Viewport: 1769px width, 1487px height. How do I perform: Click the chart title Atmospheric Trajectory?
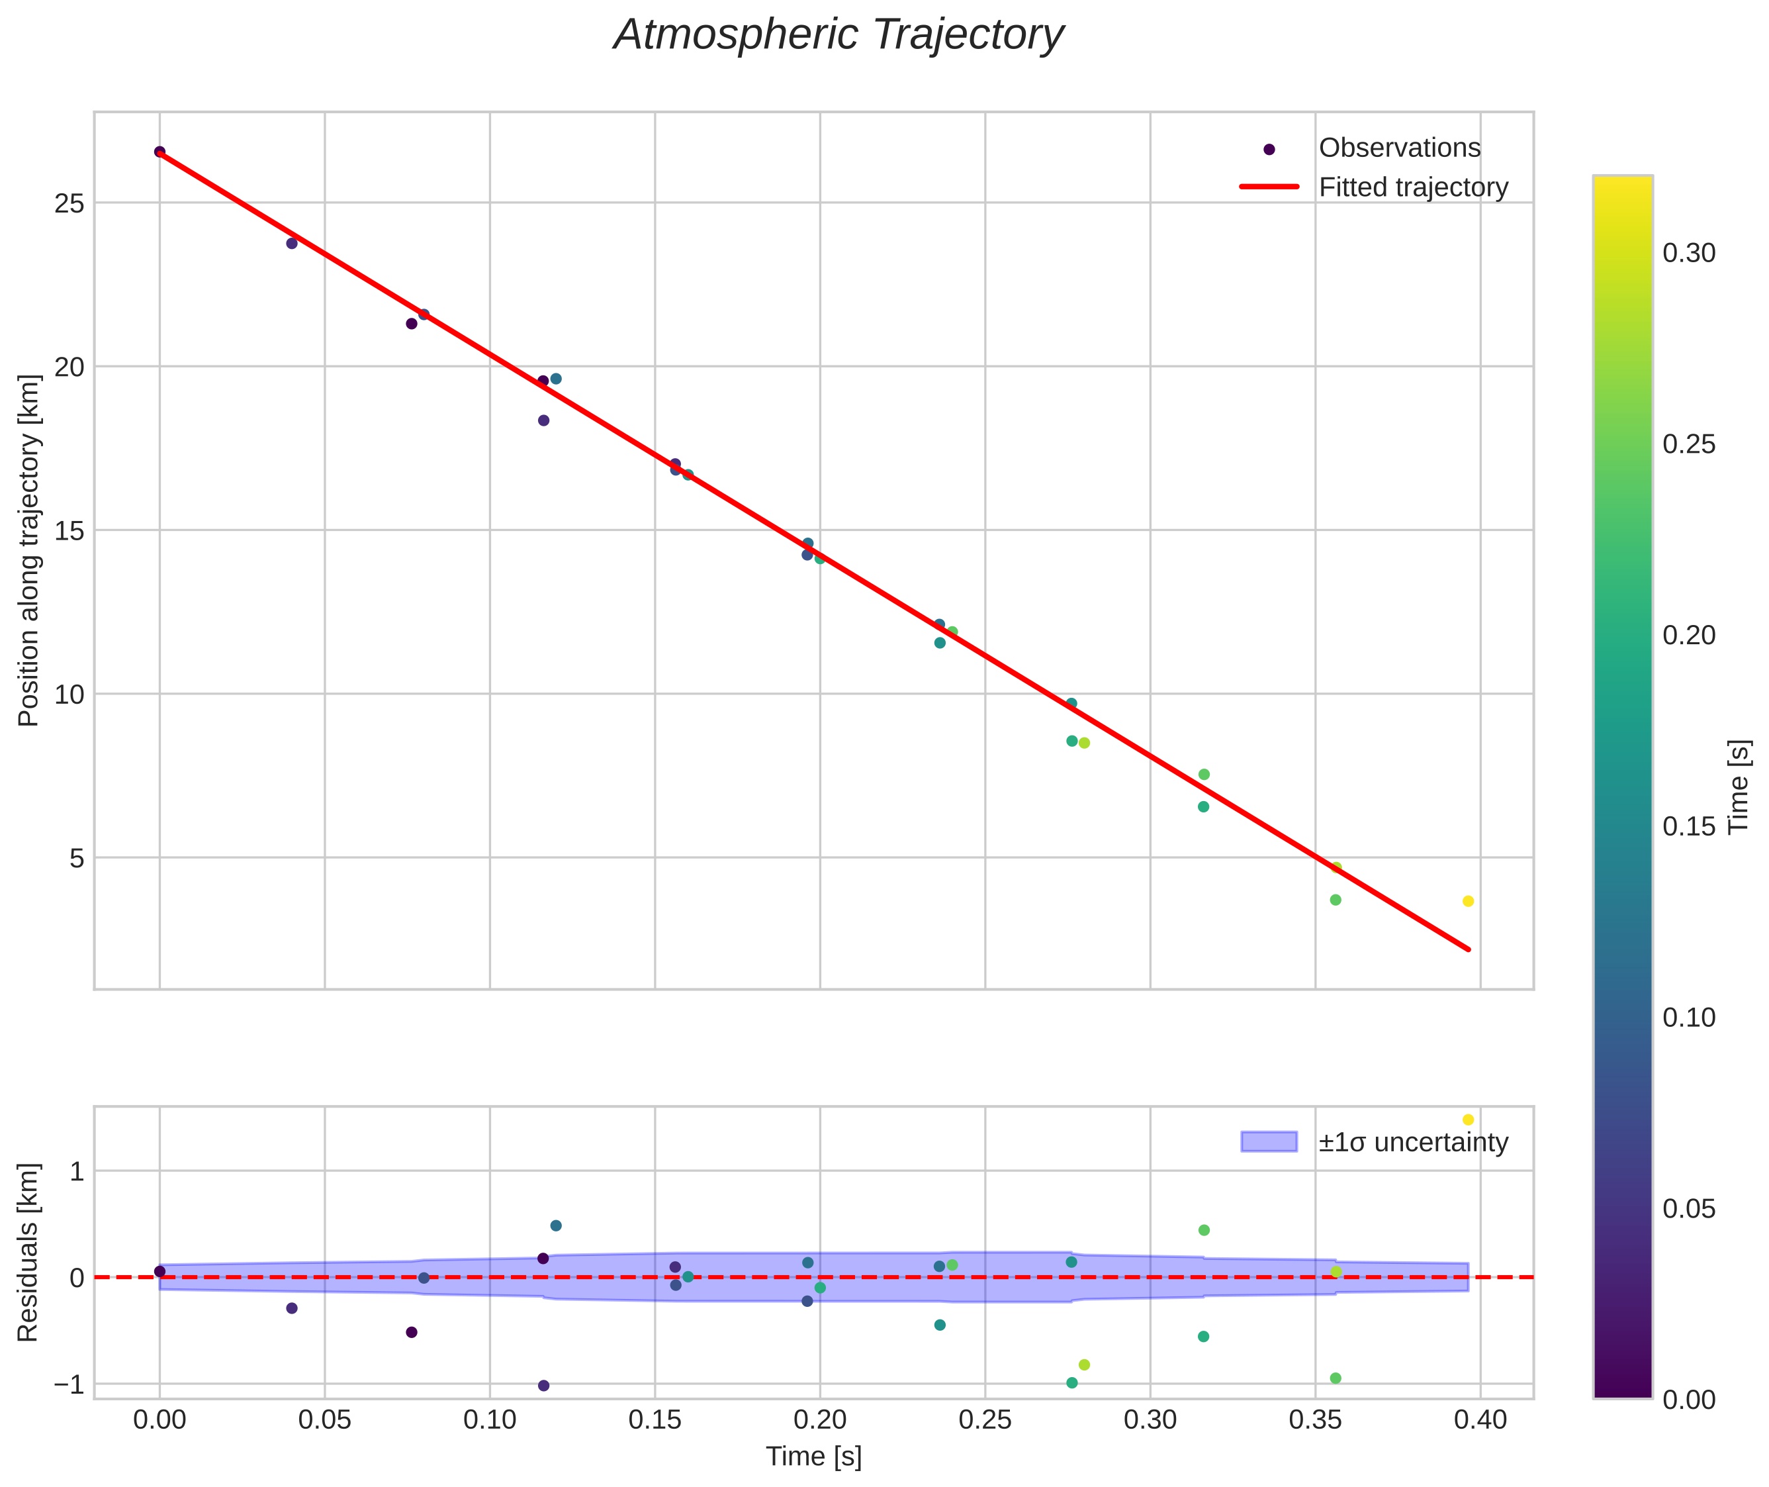pyautogui.click(x=839, y=35)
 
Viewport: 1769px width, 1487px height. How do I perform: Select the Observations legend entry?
pyautogui.click(x=1399, y=148)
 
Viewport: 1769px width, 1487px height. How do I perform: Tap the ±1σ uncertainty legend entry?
pyautogui.click(x=1412, y=1142)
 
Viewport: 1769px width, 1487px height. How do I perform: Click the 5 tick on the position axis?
pyautogui.click(x=77, y=859)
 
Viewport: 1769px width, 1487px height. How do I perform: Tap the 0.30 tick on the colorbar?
pyautogui.click(x=1688, y=254)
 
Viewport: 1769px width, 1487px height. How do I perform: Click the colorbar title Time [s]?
pyautogui.click(x=1739, y=787)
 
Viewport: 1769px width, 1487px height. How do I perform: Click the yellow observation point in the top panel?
pyautogui.click(x=1468, y=901)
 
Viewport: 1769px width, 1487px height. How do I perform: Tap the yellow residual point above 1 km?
pyautogui.click(x=1468, y=1120)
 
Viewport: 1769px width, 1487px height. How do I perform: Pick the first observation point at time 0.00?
pyautogui.click(x=160, y=152)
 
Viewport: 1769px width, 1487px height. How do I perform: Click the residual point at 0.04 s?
pyautogui.click(x=292, y=1308)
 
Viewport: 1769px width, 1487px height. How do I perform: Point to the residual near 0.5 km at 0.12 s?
pyautogui.click(x=556, y=1225)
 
